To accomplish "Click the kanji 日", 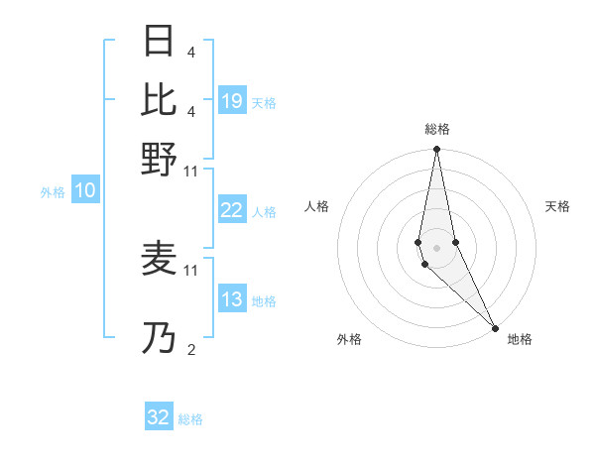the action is pos(160,41).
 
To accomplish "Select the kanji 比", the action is pos(160,99).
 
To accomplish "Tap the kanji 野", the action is pos(160,159).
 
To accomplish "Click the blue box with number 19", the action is pos(232,101).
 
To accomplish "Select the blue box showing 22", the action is pos(232,210).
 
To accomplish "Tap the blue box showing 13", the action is pos(232,299).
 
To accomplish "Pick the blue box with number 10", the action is pos(85,191).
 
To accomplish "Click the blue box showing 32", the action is pos(159,417).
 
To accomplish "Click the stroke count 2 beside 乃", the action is pos(190,349).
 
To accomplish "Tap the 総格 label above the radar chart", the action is pos(436,129).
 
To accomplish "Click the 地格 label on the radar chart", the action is pos(520,339).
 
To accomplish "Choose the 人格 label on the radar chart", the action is pos(316,206).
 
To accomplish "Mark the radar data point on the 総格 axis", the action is pos(436,150).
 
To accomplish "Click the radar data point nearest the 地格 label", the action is pos(495,327).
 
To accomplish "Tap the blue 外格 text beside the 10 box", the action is pos(53,192).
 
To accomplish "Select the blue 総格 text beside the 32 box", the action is pos(190,419).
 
